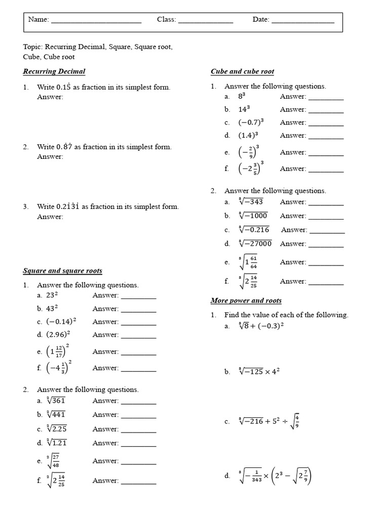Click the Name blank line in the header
coord(96,21)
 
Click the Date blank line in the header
coord(303,21)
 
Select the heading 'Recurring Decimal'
coord(54,71)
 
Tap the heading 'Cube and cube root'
coord(242,71)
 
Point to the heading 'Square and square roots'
coord(62,271)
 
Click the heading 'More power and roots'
coord(246,300)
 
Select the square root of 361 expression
coord(56,401)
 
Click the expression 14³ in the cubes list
coord(244,109)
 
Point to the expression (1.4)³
coord(248,135)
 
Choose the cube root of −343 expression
coord(251,202)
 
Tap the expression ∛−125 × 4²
coord(259,371)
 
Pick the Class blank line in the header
coord(206,21)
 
